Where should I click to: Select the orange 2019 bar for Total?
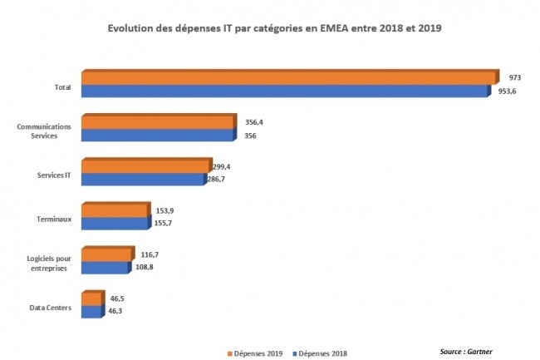pyautogui.click(x=287, y=78)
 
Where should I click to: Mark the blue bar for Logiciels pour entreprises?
pyautogui.click(x=106, y=268)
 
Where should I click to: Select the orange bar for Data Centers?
pyautogui.click(x=91, y=298)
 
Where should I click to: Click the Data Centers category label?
pyautogui.click(x=50, y=308)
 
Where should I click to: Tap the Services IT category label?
pyautogui.click(x=54, y=175)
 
